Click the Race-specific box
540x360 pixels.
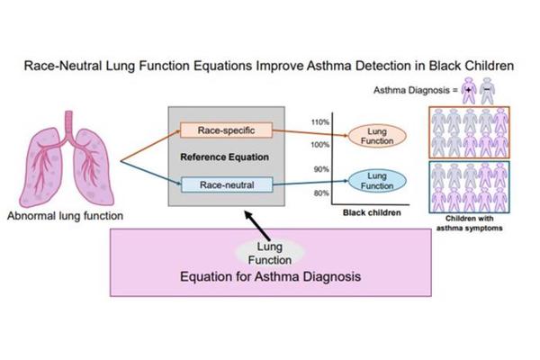coord(220,131)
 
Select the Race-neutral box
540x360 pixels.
coord(220,184)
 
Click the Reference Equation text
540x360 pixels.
coord(220,157)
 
